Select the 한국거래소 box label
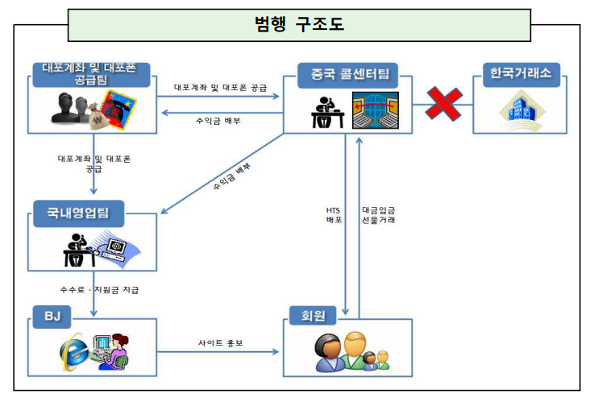coord(520,76)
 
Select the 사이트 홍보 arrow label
coord(220,342)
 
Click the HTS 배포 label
coord(334,214)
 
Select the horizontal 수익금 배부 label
coord(218,120)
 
